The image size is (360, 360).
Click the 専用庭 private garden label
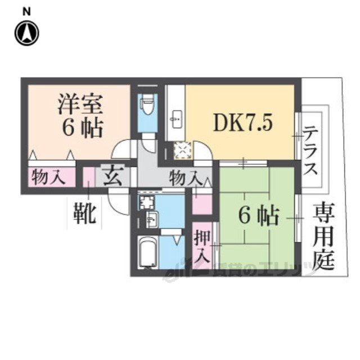pyautogui.click(x=323, y=236)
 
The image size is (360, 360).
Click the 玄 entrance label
pyautogui.click(x=111, y=176)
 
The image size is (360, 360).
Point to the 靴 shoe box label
pyautogui.click(x=85, y=214)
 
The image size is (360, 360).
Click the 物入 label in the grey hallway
pyautogui.click(x=185, y=178)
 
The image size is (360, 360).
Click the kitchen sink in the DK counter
pyautogui.click(x=175, y=118)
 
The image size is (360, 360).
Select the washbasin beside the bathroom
pyautogui.click(x=150, y=219)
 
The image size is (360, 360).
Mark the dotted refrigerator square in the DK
pyautogui.click(x=183, y=151)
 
